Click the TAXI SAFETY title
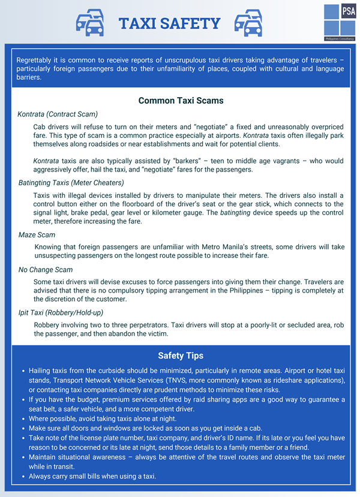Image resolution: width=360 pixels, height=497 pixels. coord(169,23)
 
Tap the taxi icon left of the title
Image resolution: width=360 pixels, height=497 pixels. coord(89,23)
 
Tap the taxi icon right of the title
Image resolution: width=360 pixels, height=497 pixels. coord(248,23)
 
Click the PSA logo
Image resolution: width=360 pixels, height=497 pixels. coord(339,21)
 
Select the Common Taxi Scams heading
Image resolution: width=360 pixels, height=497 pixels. coord(181,101)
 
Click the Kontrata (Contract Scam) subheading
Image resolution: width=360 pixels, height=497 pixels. coord(58,114)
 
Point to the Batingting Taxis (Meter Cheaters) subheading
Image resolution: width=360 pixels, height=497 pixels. coord(71,183)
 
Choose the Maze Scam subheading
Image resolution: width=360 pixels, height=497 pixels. coord(37,235)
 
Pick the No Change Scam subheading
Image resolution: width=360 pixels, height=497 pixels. coord(46,270)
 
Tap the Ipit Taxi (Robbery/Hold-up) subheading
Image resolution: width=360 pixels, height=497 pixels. coord(61,312)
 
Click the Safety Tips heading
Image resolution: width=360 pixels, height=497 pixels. coord(181,356)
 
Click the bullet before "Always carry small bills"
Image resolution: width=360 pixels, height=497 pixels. coord(23,477)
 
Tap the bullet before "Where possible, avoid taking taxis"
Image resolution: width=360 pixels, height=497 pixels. coord(23,419)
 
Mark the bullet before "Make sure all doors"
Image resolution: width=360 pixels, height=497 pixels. coord(23,429)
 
